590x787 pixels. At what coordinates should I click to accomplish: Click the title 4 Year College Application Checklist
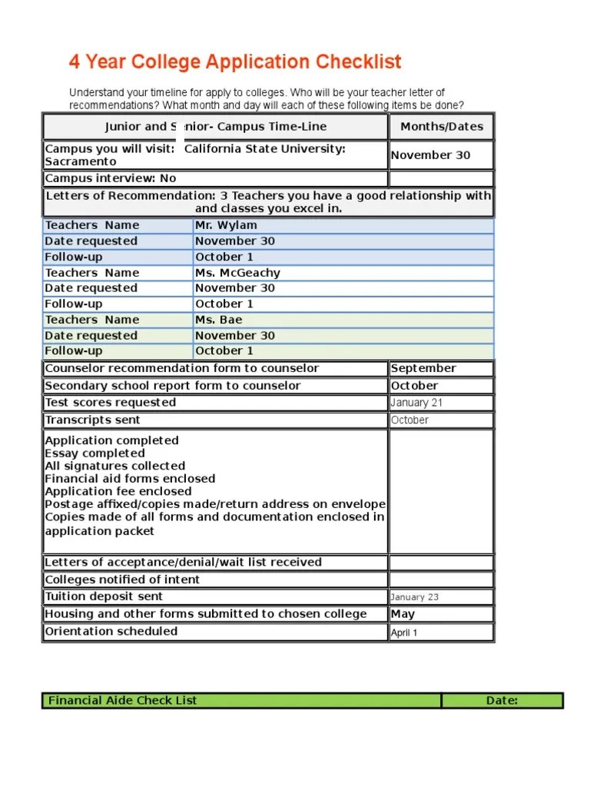tap(235, 62)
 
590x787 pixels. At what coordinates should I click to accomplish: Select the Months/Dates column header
tap(442, 127)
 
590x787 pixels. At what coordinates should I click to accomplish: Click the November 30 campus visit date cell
tap(431, 155)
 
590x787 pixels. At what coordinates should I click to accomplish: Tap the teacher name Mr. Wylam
tap(226, 225)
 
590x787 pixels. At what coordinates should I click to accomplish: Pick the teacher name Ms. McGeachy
tap(237, 273)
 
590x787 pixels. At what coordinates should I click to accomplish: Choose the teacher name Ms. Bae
tap(218, 320)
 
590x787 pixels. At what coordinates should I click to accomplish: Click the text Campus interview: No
tap(111, 178)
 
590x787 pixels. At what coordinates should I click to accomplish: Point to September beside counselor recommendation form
tap(423, 368)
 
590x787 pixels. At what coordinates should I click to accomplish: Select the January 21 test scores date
tap(416, 403)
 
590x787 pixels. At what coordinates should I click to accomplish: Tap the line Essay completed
tap(94, 453)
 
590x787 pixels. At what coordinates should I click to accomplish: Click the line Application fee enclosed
tap(118, 491)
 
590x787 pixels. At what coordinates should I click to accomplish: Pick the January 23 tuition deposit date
tap(415, 597)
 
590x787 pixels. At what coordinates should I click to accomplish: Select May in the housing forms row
tap(403, 614)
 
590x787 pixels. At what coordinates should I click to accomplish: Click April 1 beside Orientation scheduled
tap(404, 633)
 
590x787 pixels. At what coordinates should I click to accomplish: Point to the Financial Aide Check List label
tap(123, 700)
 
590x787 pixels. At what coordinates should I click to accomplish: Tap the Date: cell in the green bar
tap(502, 700)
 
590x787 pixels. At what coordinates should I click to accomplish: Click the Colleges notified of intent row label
tap(122, 579)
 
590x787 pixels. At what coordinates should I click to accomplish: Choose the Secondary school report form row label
tap(173, 386)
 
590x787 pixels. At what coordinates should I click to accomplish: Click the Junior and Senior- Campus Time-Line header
tap(216, 127)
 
